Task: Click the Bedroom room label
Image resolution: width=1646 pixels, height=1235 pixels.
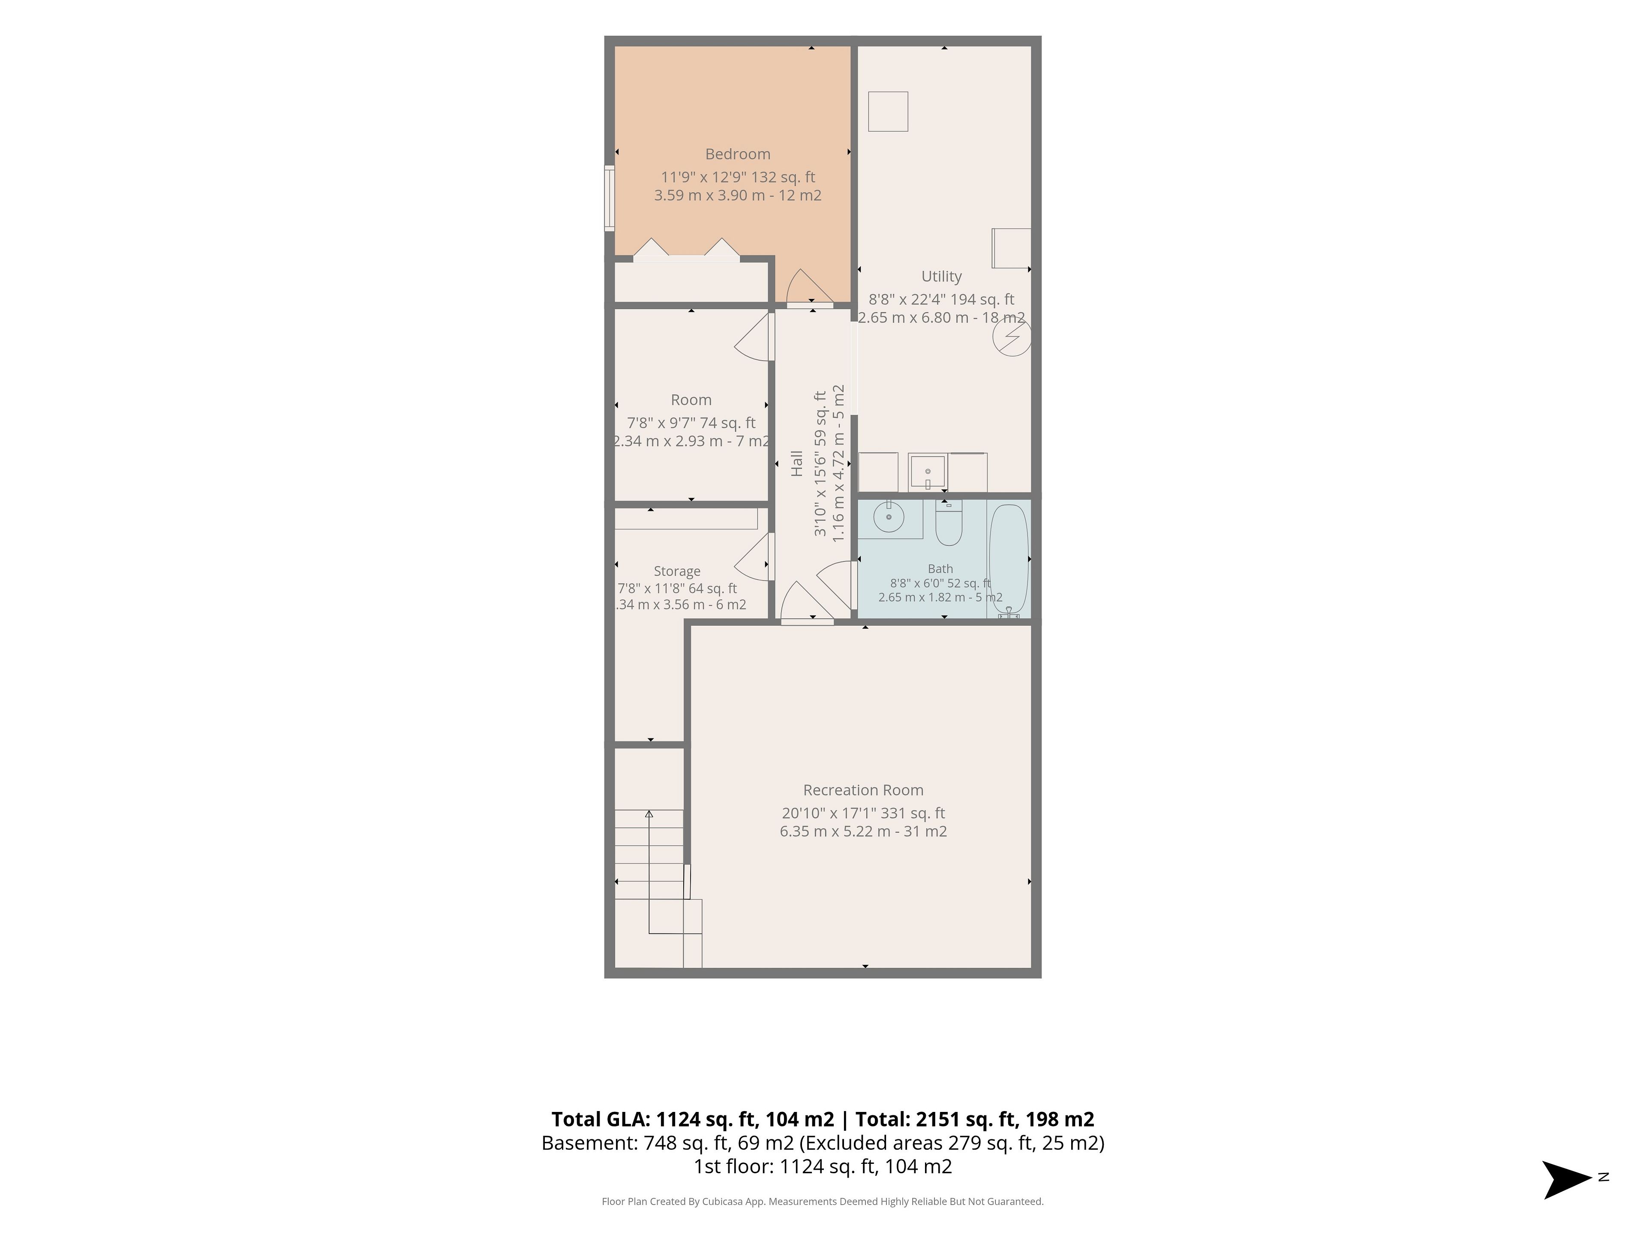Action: click(737, 154)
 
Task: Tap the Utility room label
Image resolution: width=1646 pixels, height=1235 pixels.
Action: click(941, 276)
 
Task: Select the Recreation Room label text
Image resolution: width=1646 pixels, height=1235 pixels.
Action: click(863, 790)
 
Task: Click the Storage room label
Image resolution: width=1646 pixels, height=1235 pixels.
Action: click(677, 572)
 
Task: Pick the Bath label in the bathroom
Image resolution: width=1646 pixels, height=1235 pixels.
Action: click(940, 569)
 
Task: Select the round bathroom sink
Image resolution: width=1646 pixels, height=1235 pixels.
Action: click(889, 517)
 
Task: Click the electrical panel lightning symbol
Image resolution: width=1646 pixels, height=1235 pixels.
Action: click(1012, 338)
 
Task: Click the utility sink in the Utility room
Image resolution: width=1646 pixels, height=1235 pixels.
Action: click(927, 472)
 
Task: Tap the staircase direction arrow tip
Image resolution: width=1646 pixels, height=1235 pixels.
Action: click(649, 813)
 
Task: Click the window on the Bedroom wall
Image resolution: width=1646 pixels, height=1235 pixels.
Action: click(609, 198)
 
